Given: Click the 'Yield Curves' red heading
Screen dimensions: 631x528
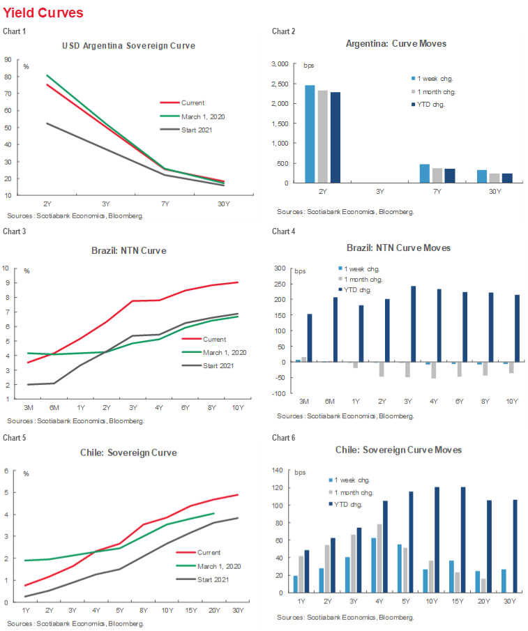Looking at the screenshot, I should (x=43, y=13).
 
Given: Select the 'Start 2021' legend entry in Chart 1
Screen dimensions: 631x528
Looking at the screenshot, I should (x=196, y=129).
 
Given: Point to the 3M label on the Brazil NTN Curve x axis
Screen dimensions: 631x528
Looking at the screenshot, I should (x=29, y=408).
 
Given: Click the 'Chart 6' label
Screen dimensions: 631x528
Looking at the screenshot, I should (x=283, y=437).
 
